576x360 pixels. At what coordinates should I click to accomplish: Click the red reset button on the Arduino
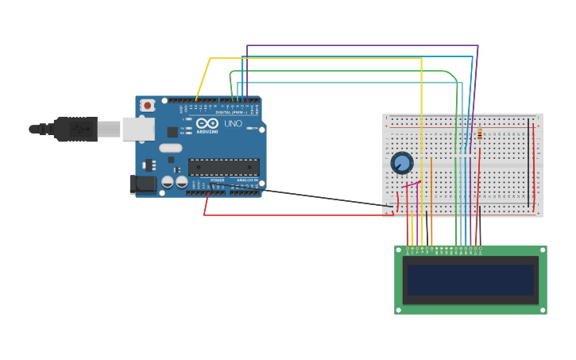tap(147, 105)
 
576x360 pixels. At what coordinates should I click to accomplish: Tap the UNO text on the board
tap(234, 124)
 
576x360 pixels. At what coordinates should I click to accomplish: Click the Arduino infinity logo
tap(207, 124)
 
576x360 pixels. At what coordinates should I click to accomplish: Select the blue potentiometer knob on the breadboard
tap(402, 163)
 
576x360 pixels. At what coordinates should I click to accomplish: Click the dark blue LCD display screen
tap(470, 280)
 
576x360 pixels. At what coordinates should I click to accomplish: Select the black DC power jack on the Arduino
tap(143, 184)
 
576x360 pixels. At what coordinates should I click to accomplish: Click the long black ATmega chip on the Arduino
tap(223, 167)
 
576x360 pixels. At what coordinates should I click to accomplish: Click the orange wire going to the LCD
tap(431, 203)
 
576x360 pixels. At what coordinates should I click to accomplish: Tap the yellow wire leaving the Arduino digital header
tap(203, 79)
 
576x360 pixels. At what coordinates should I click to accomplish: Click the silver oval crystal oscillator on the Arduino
tap(170, 148)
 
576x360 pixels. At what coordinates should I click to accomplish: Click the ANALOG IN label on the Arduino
tap(246, 180)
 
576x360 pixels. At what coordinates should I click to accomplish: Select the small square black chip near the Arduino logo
tap(172, 132)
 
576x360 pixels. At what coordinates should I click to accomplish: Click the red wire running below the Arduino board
tap(294, 215)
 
